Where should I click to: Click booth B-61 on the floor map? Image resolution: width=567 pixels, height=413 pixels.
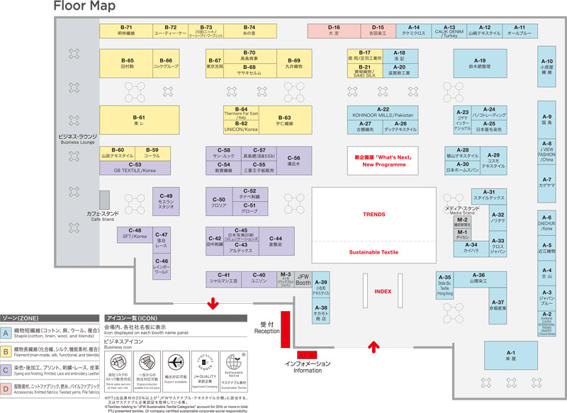[138, 120]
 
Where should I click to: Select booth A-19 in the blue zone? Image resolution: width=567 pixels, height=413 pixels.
[480, 64]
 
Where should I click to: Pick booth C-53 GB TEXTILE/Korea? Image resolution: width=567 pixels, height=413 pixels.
[135, 169]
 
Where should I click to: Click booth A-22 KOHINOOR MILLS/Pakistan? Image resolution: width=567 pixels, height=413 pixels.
[383, 113]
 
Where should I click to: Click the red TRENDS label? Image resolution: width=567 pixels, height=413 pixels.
[374, 215]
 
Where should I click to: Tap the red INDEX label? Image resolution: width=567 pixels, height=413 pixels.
[383, 291]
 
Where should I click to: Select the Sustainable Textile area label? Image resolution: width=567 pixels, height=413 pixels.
[374, 252]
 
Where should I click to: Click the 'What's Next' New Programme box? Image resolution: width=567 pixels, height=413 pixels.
[383, 161]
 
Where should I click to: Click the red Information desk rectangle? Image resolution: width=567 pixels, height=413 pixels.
[307, 353]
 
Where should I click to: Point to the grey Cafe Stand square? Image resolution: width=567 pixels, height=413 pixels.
[104, 199]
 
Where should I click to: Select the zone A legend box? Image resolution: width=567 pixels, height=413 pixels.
[6, 331]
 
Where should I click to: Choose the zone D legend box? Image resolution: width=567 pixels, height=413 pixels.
[6, 388]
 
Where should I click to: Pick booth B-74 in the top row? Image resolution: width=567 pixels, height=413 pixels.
[249, 30]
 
